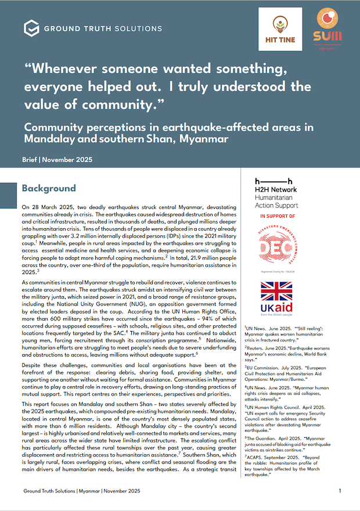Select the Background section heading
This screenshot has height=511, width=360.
tap(49, 189)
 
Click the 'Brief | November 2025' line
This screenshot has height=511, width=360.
tap(57, 160)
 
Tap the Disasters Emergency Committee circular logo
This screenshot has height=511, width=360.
tap(275, 250)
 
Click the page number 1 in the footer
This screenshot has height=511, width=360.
tap(339, 491)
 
